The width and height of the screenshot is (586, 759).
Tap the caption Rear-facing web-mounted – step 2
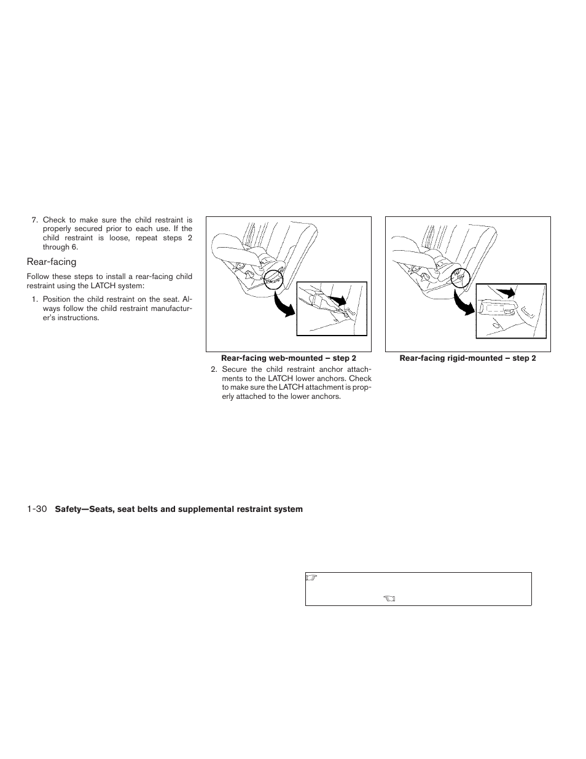[288, 358]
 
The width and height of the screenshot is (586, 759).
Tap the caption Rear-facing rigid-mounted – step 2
[467, 358]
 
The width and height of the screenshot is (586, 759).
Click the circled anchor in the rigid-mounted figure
[458, 278]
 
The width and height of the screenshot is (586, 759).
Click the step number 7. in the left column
[35, 220]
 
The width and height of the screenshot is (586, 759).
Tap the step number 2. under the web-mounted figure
[214, 369]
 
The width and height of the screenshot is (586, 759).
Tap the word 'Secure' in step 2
[234, 369]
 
